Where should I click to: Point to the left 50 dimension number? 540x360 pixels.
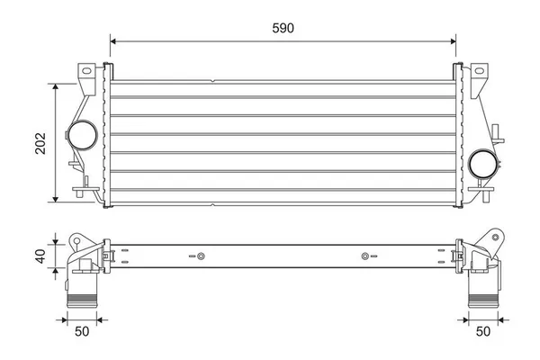(x=83, y=332)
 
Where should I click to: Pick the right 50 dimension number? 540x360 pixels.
(x=483, y=332)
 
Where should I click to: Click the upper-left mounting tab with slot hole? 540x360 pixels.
(x=87, y=72)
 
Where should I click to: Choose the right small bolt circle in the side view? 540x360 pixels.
(x=364, y=258)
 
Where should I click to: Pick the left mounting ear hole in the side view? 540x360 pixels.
(x=76, y=240)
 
